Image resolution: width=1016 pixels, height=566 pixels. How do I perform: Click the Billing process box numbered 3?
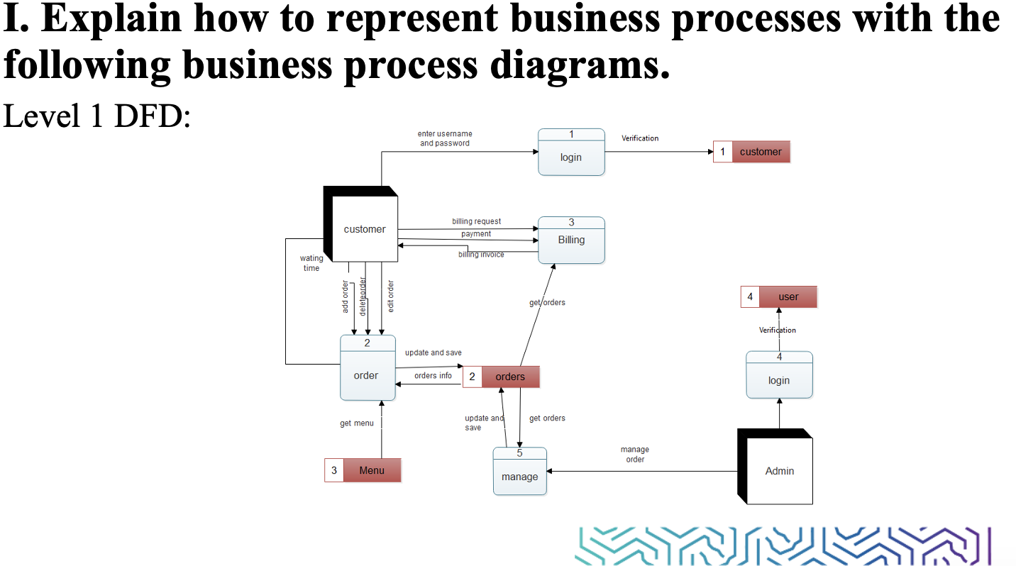[x=571, y=240]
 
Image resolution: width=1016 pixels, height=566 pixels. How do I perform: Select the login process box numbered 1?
[x=571, y=152]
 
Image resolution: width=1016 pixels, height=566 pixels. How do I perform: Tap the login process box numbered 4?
[x=779, y=375]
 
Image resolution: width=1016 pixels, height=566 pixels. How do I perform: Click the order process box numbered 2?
[x=367, y=368]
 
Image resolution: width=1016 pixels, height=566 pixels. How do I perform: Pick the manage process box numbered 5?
[x=520, y=471]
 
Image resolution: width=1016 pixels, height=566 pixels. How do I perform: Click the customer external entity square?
[x=365, y=229]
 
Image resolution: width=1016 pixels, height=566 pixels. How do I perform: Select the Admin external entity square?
[x=780, y=471]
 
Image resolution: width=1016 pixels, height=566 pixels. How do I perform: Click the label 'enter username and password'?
[x=445, y=138]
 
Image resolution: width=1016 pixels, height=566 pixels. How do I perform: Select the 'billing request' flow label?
[x=476, y=221]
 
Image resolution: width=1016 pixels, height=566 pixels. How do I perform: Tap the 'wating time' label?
[x=311, y=263]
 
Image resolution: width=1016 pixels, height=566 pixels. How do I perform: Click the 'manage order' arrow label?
[x=635, y=454]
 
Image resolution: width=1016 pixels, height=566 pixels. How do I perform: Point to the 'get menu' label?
[x=356, y=423]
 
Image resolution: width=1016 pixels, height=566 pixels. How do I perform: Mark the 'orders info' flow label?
[x=433, y=375]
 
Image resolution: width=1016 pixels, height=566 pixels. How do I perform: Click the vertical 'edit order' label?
[x=390, y=296]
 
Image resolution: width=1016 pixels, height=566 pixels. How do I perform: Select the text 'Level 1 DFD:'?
[x=97, y=116]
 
